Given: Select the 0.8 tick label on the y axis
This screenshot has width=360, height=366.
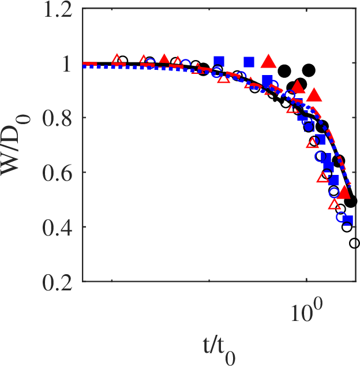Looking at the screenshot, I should pos(58,118).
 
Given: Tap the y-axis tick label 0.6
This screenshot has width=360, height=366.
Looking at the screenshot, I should pos(58,173).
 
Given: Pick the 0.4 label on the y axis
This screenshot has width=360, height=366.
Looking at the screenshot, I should pos(58,227).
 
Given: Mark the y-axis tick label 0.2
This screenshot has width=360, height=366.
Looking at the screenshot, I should pos(58,282).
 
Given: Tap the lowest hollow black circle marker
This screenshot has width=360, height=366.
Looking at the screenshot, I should pos(354,244).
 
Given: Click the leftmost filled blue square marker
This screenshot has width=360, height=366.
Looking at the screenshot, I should pos(218,61).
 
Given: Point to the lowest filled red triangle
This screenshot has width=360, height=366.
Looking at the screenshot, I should pos(344,193).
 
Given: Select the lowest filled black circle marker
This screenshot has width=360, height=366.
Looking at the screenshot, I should pos(350,201).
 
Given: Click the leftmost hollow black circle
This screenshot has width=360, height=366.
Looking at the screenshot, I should pos(122,61).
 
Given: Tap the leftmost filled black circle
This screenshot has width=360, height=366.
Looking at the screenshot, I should pos(203,69).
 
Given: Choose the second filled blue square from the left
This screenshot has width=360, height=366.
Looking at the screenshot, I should pos(249,62).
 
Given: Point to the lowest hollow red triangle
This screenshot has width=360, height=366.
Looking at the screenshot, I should pos(333,204).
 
